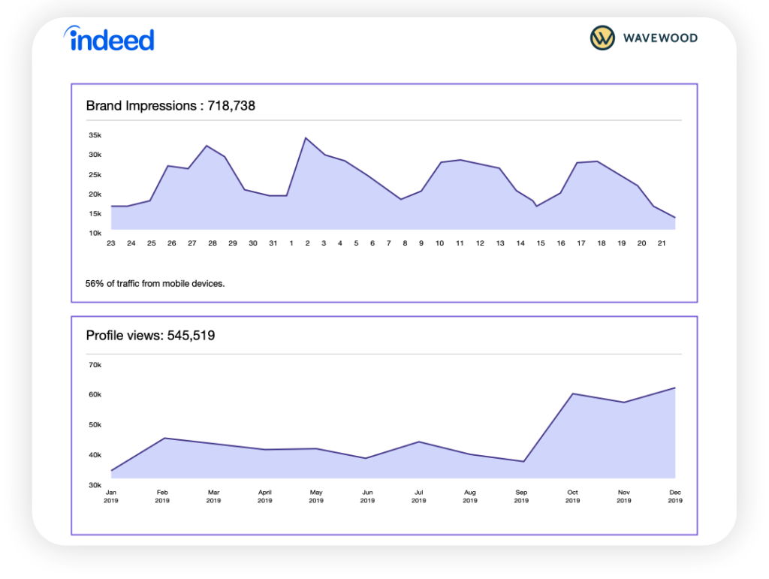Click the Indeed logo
click(x=109, y=39)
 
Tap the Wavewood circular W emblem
click(x=602, y=38)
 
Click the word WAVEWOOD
click(x=659, y=38)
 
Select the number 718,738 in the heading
click(x=231, y=106)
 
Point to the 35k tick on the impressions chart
click(x=95, y=136)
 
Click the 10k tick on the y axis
click(x=95, y=234)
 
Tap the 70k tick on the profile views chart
click(x=95, y=365)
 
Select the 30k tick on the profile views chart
click(x=95, y=485)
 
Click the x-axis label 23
click(x=111, y=243)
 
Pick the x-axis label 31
click(x=272, y=243)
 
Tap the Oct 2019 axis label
click(x=572, y=496)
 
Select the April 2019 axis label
click(x=264, y=496)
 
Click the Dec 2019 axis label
click(x=675, y=496)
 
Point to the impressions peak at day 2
click(x=306, y=138)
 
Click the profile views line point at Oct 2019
click(x=572, y=394)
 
